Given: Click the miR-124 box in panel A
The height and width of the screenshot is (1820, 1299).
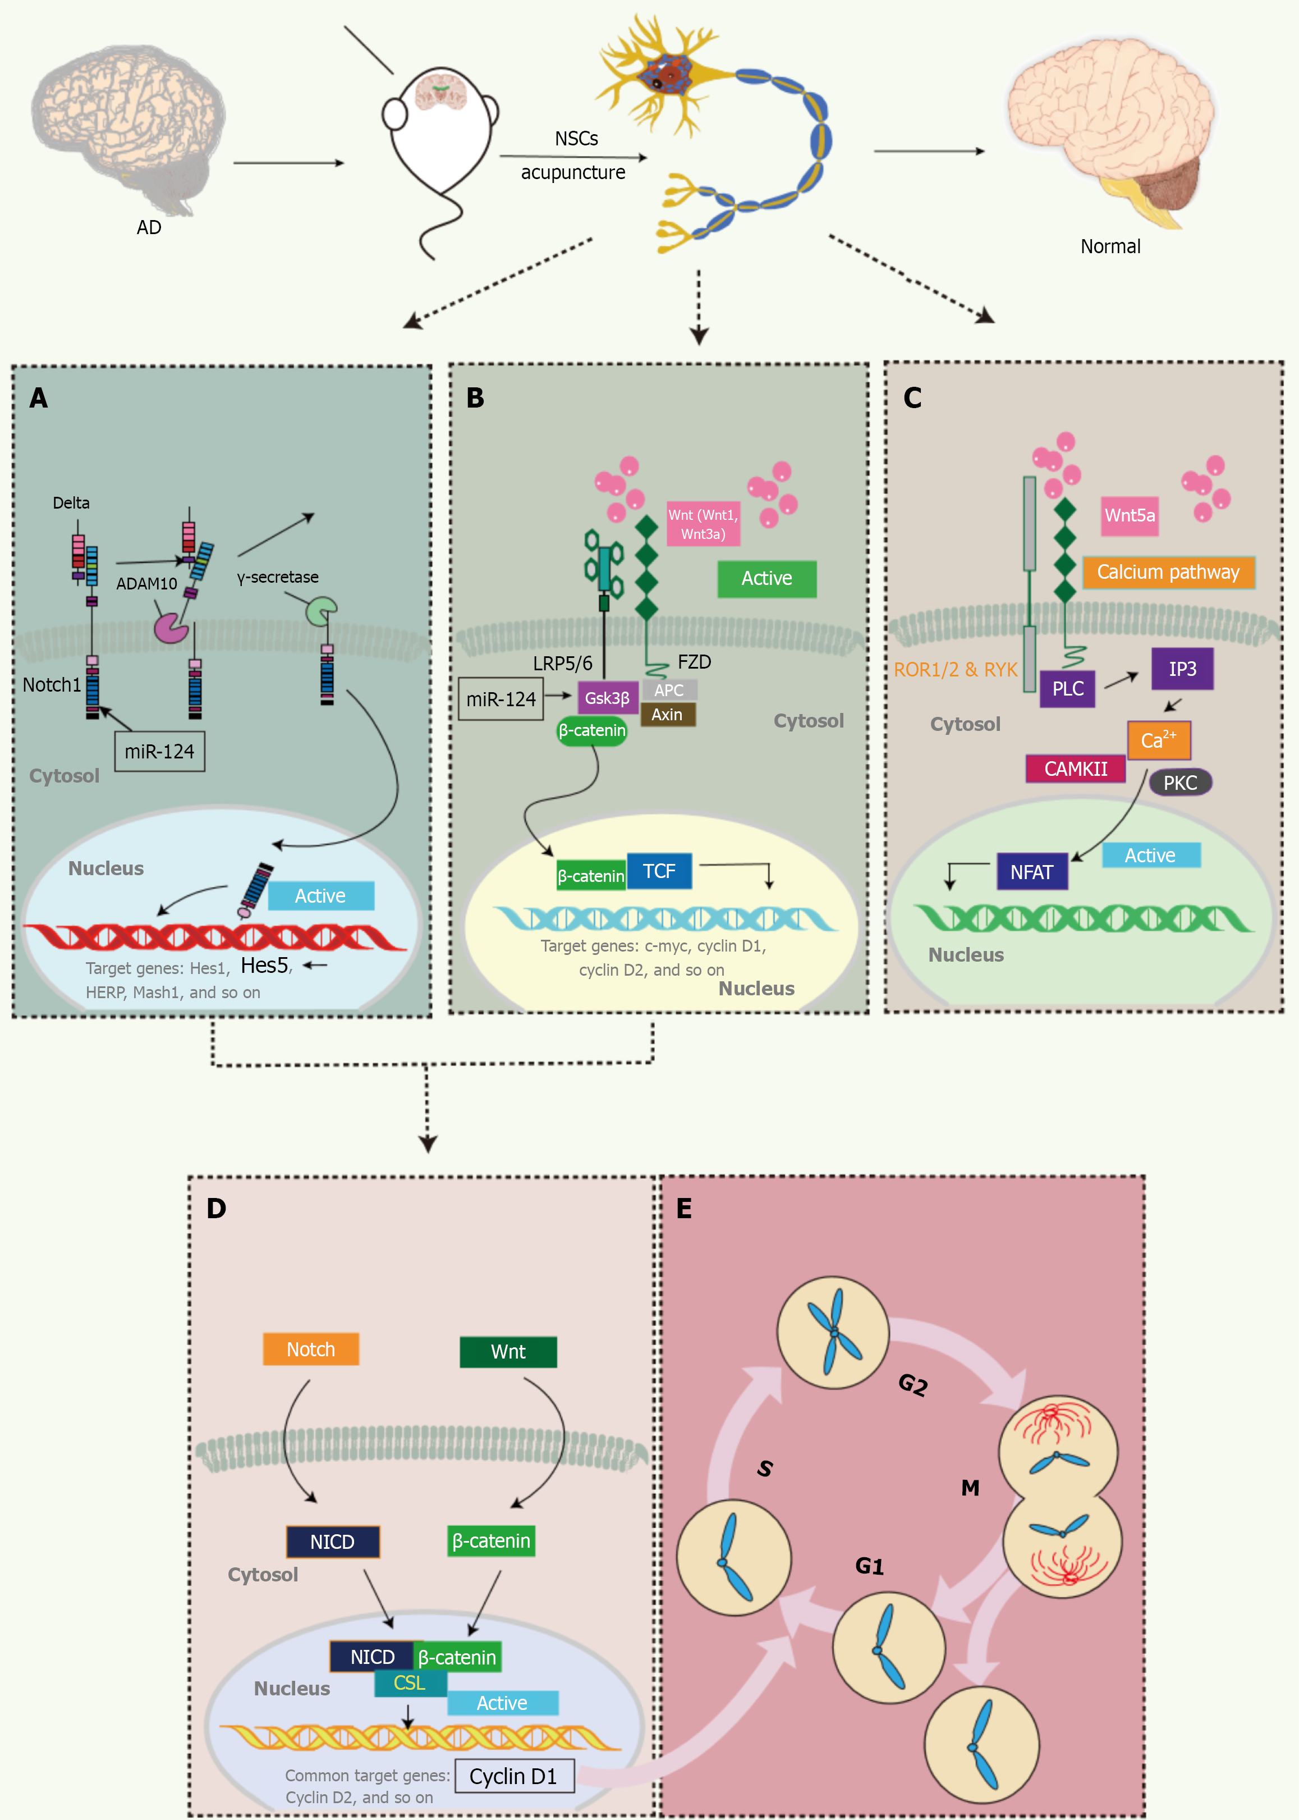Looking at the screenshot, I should coord(159,751).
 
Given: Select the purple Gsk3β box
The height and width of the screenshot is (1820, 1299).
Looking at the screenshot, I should coord(607,698).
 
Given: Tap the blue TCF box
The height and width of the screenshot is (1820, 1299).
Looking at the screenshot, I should coord(659,871).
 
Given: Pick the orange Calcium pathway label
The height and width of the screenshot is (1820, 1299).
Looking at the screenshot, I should coord(1168,572).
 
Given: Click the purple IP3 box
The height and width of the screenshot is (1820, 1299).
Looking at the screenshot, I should coord(1182,669).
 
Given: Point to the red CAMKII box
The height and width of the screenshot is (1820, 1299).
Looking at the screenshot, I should coord(1075,769).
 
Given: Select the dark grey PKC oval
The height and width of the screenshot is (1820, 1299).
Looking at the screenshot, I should coord(1180,783).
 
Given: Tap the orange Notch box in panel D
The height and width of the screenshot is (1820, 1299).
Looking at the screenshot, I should coord(310,1350).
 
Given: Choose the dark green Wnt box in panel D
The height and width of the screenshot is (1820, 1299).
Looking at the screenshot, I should coord(508,1352).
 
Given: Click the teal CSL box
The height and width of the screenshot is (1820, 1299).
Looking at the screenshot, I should coord(410,1683).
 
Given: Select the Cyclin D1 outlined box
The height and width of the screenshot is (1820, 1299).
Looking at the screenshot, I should coord(513,1776).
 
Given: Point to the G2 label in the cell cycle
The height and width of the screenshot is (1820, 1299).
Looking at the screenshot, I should coord(912,1384).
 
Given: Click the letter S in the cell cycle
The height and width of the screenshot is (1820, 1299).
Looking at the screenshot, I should coord(765,1468).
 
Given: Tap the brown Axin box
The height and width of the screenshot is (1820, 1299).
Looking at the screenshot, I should coord(667,715).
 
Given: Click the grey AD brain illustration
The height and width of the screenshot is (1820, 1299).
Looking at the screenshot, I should coord(128,128).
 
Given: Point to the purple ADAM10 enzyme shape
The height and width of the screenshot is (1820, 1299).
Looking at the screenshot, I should coord(169,629).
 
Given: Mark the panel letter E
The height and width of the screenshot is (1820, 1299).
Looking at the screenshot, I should coord(684,1208).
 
